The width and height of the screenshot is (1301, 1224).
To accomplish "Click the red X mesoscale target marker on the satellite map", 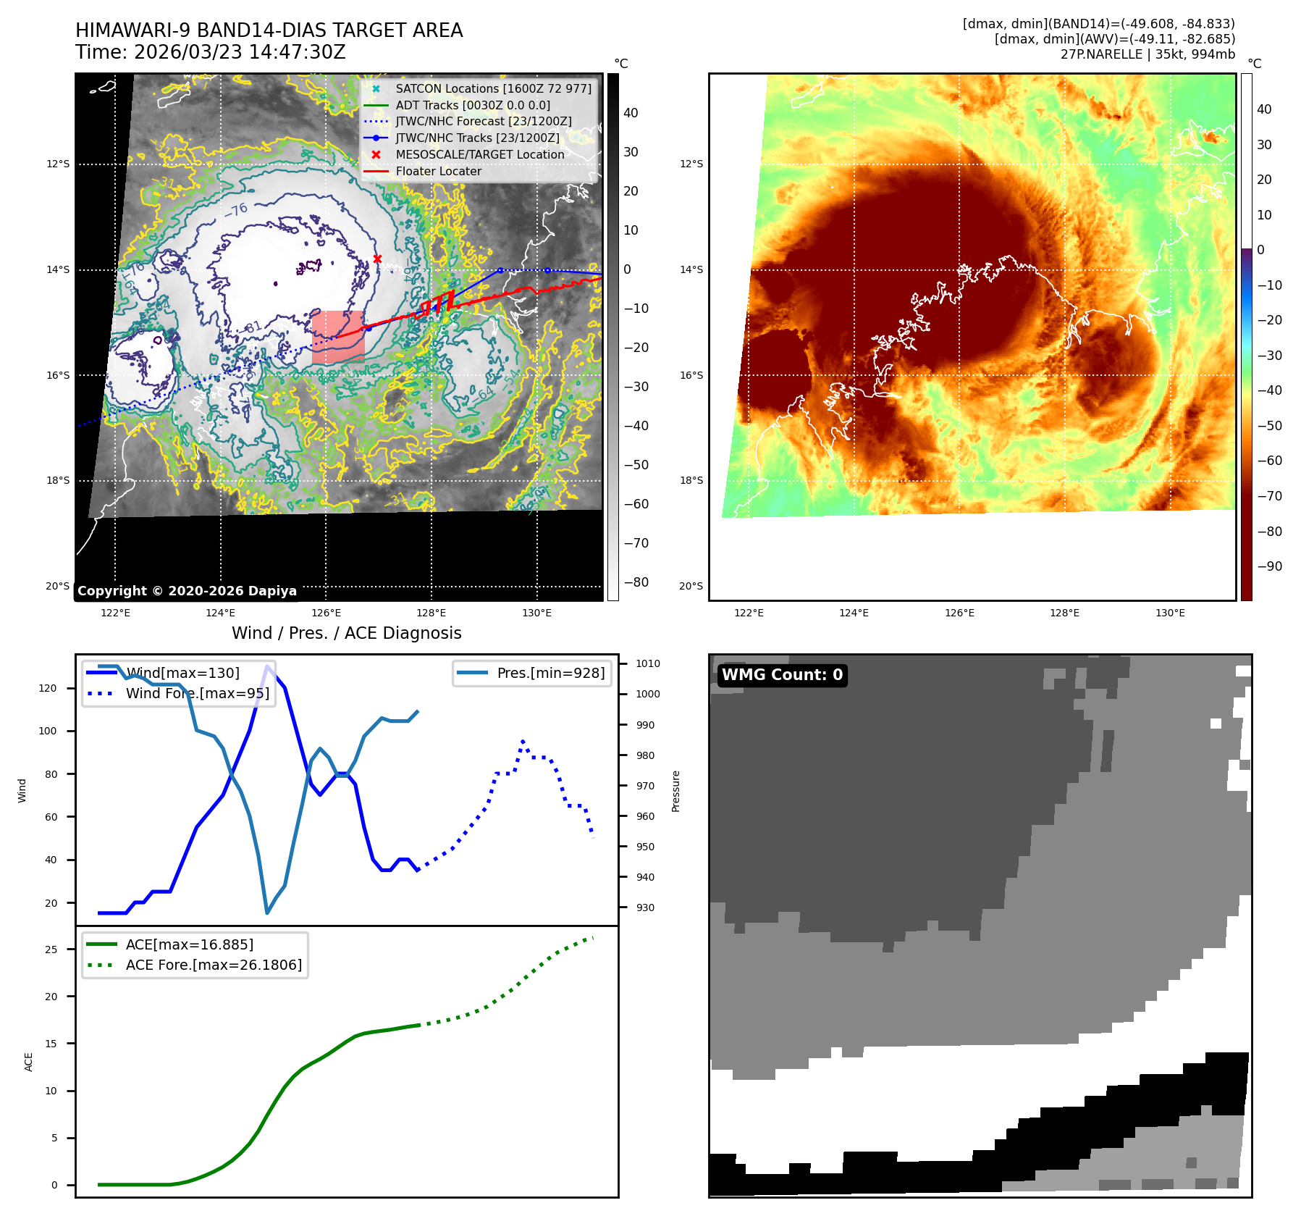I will pos(377,259).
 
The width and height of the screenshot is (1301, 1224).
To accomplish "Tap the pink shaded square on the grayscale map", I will pos(338,337).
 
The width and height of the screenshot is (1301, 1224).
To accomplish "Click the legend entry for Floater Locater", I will pos(438,172).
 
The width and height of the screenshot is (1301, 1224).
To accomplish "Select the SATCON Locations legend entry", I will pos(492,89).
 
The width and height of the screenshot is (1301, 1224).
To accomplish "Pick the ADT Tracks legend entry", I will pos(472,106).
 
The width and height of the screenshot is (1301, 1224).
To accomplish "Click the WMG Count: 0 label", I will pos(782,675).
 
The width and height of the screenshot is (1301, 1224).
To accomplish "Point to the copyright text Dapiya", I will pos(187,591).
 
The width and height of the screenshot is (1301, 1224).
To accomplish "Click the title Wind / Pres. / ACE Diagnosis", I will pos(346,633).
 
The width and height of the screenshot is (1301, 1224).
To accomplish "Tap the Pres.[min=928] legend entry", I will pos(550,674).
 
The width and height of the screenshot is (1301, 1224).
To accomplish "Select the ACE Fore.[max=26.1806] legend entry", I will pos(214,965).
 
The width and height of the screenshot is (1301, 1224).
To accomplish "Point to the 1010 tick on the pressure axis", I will pos(647,663).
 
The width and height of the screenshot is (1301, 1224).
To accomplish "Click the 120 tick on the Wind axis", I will pos(48,689).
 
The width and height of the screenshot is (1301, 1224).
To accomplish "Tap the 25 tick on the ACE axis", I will pos(51,950).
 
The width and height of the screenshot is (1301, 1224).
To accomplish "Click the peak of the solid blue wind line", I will pos(268,666).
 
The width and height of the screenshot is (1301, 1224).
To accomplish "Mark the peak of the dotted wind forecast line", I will pos(523,742).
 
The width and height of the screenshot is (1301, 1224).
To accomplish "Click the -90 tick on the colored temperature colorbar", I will pos(1269,566).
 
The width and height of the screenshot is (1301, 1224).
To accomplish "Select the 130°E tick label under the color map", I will pos(1170,613).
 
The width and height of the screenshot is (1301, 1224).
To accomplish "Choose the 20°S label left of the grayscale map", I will pos(58,587).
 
